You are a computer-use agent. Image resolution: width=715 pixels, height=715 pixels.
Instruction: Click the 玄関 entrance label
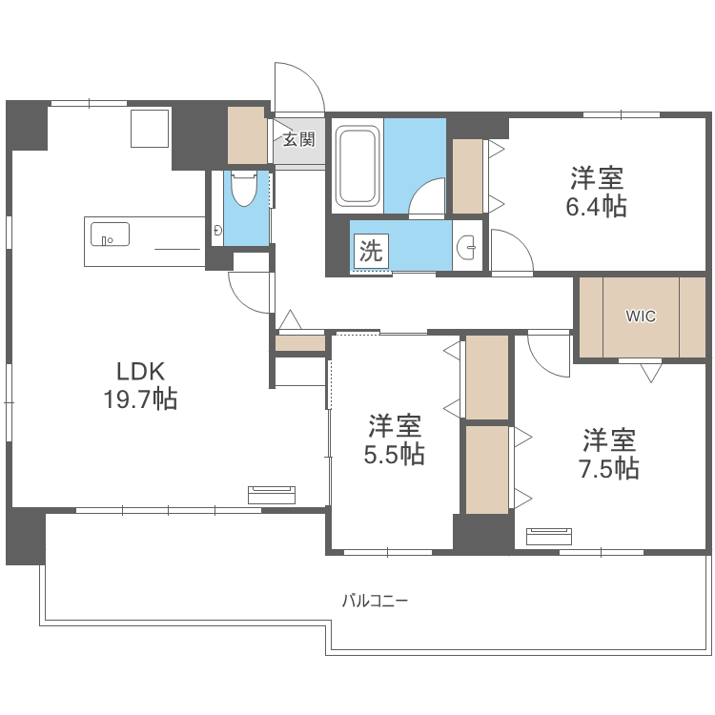click(x=299, y=139)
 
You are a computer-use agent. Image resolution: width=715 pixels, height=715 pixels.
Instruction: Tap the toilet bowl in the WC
click(x=244, y=189)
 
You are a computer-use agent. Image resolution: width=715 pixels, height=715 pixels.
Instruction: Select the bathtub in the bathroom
click(x=357, y=166)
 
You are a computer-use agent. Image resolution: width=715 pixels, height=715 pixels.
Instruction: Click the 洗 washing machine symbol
click(x=371, y=251)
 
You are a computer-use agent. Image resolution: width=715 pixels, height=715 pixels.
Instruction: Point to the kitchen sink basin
click(x=110, y=234)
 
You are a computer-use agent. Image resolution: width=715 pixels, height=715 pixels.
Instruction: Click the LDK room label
click(x=140, y=372)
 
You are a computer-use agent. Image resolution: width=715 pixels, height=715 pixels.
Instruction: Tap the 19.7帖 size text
click(x=140, y=399)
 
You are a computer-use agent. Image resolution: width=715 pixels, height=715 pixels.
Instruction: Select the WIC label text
click(x=641, y=316)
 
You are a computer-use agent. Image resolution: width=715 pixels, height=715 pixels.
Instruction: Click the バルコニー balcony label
click(x=375, y=601)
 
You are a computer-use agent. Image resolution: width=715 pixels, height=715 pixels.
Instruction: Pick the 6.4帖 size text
click(x=597, y=207)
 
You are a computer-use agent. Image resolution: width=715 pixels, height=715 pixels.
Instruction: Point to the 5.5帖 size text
click(x=395, y=455)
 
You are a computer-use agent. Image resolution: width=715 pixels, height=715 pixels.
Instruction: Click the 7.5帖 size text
click(x=609, y=468)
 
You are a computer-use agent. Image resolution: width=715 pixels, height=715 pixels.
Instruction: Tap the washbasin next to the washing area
click(x=467, y=248)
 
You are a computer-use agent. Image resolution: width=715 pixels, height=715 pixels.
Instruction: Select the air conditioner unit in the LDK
click(x=272, y=495)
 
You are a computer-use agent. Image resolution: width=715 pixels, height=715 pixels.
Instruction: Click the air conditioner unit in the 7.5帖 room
click(x=549, y=536)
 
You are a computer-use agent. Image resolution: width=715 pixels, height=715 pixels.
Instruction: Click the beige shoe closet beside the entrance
click(x=246, y=135)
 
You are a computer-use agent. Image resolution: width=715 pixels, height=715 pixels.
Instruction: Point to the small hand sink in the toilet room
click(x=218, y=230)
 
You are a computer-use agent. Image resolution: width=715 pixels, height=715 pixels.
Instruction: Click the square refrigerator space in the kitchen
click(x=150, y=128)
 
